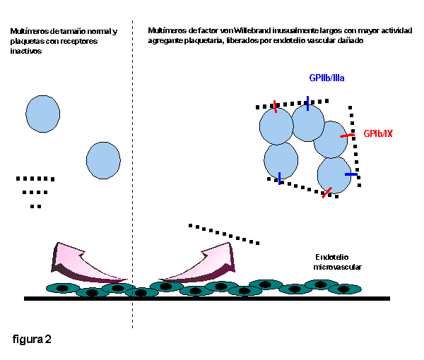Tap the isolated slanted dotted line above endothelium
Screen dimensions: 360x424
223,234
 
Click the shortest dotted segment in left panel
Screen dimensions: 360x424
36,206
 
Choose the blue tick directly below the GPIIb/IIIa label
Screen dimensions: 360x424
308,103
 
